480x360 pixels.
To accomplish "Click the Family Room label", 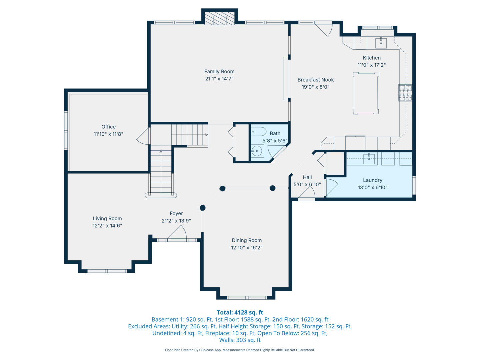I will tap(219, 71).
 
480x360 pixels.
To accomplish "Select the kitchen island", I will tap(366, 93).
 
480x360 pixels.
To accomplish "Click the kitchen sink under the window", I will tap(381, 43).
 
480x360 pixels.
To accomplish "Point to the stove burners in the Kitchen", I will tap(405, 93).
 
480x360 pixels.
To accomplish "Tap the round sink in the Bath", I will tap(257, 151).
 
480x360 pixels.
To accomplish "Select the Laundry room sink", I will tap(369, 159).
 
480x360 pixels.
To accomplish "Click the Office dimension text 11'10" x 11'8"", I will tap(108, 134).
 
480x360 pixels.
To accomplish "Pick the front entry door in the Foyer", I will tap(177, 234).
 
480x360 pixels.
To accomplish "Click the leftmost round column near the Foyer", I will tap(202, 208).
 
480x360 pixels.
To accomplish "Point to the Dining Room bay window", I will tap(247, 297).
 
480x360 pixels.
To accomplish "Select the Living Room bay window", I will tap(107, 271).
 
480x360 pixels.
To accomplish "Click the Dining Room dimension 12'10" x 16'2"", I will tap(246, 248).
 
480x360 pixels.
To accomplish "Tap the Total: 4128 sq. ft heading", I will tap(240, 312).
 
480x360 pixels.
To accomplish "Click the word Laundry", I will tap(372, 180).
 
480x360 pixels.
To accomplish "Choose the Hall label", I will tap(307, 177).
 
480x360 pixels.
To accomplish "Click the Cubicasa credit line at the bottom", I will tap(240, 350).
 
